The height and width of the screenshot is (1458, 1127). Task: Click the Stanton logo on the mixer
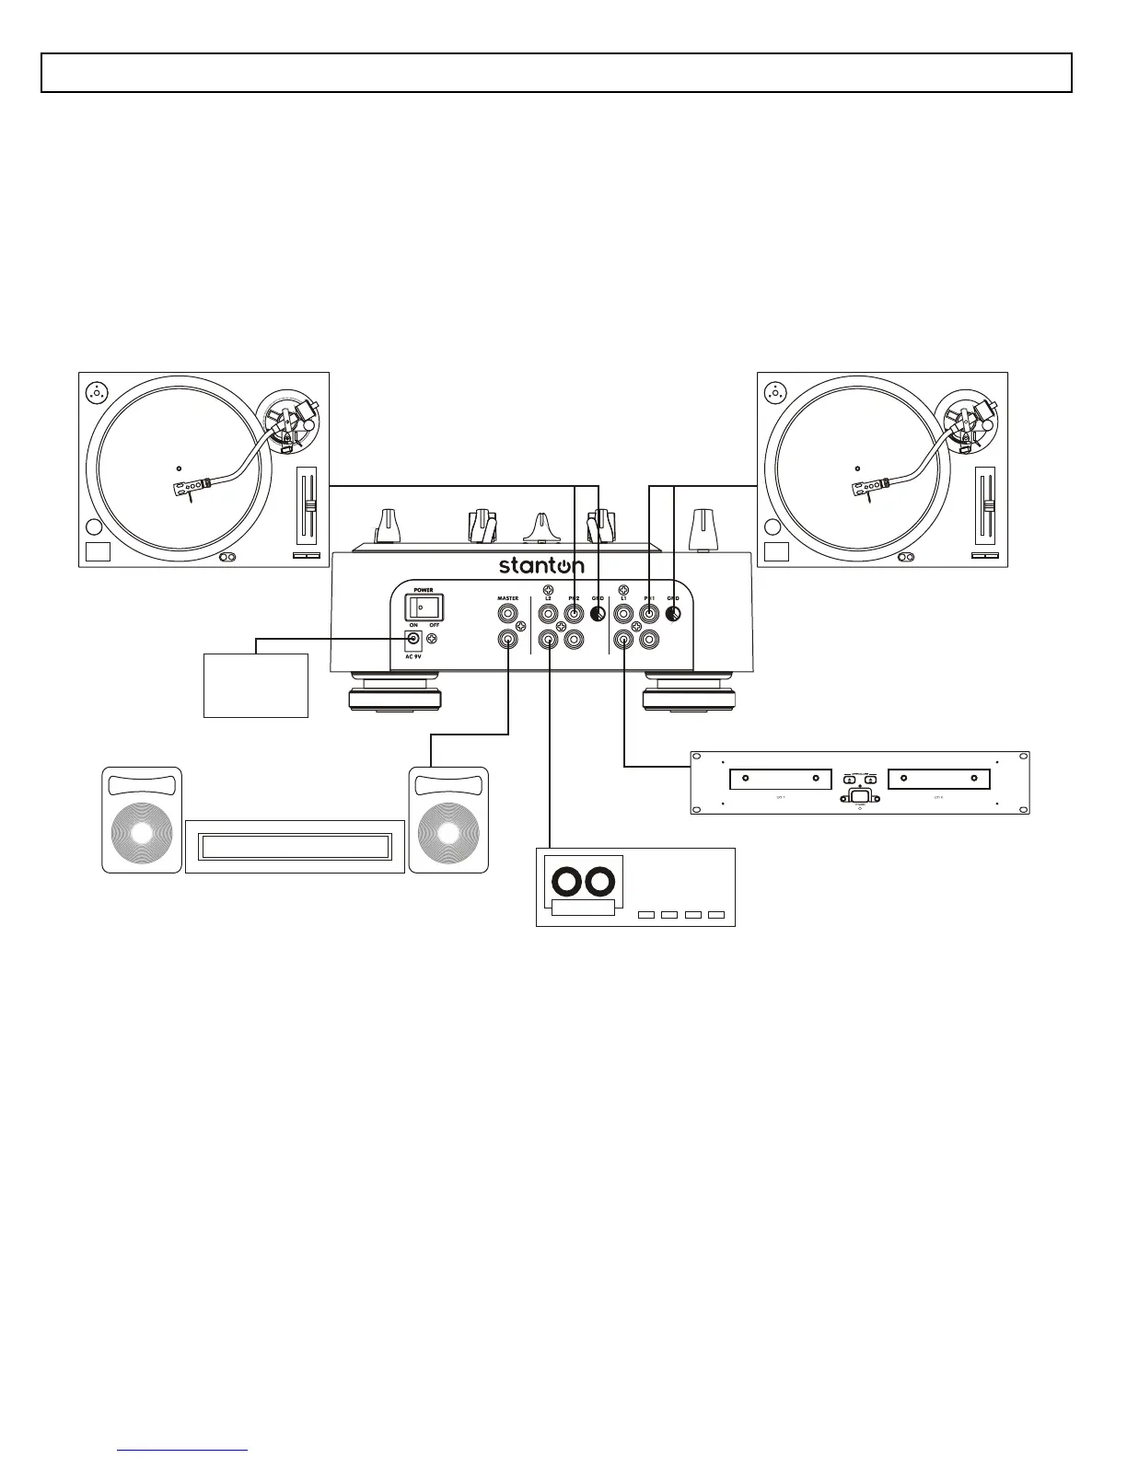pos(541,565)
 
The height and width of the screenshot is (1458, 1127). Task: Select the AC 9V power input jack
pos(414,639)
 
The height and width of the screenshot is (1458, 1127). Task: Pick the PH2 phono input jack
pos(574,614)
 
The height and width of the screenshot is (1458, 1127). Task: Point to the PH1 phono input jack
pos(649,614)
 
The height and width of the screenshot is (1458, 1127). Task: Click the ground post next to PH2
pos(598,615)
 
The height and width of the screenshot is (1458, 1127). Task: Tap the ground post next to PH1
pos(674,615)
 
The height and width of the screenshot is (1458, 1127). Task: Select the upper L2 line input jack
pos(549,614)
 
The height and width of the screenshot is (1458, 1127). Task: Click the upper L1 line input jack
pos(624,614)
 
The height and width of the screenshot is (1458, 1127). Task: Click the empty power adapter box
pos(255,685)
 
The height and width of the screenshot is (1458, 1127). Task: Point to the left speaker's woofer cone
pos(142,832)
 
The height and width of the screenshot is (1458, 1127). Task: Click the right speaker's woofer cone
pos(448,832)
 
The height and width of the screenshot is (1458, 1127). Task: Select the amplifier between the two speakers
pos(295,846)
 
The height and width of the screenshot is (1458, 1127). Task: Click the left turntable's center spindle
pos(178,469)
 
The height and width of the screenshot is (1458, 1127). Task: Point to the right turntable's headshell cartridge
pos(869,489)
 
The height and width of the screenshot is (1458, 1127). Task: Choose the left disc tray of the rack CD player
pos(780,780)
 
